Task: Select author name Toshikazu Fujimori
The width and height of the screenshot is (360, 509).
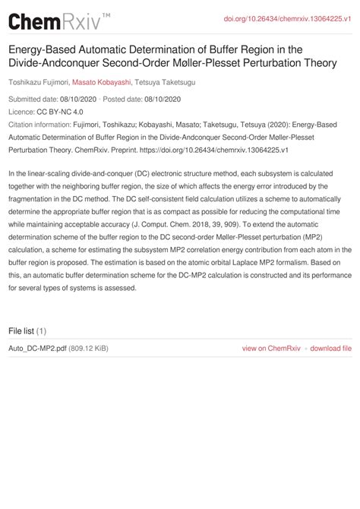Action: [38, 82]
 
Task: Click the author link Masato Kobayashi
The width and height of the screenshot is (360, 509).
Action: [102, 82]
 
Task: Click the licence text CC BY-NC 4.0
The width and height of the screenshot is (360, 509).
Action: [62, 111]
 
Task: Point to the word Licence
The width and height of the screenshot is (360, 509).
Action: [21, 111]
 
